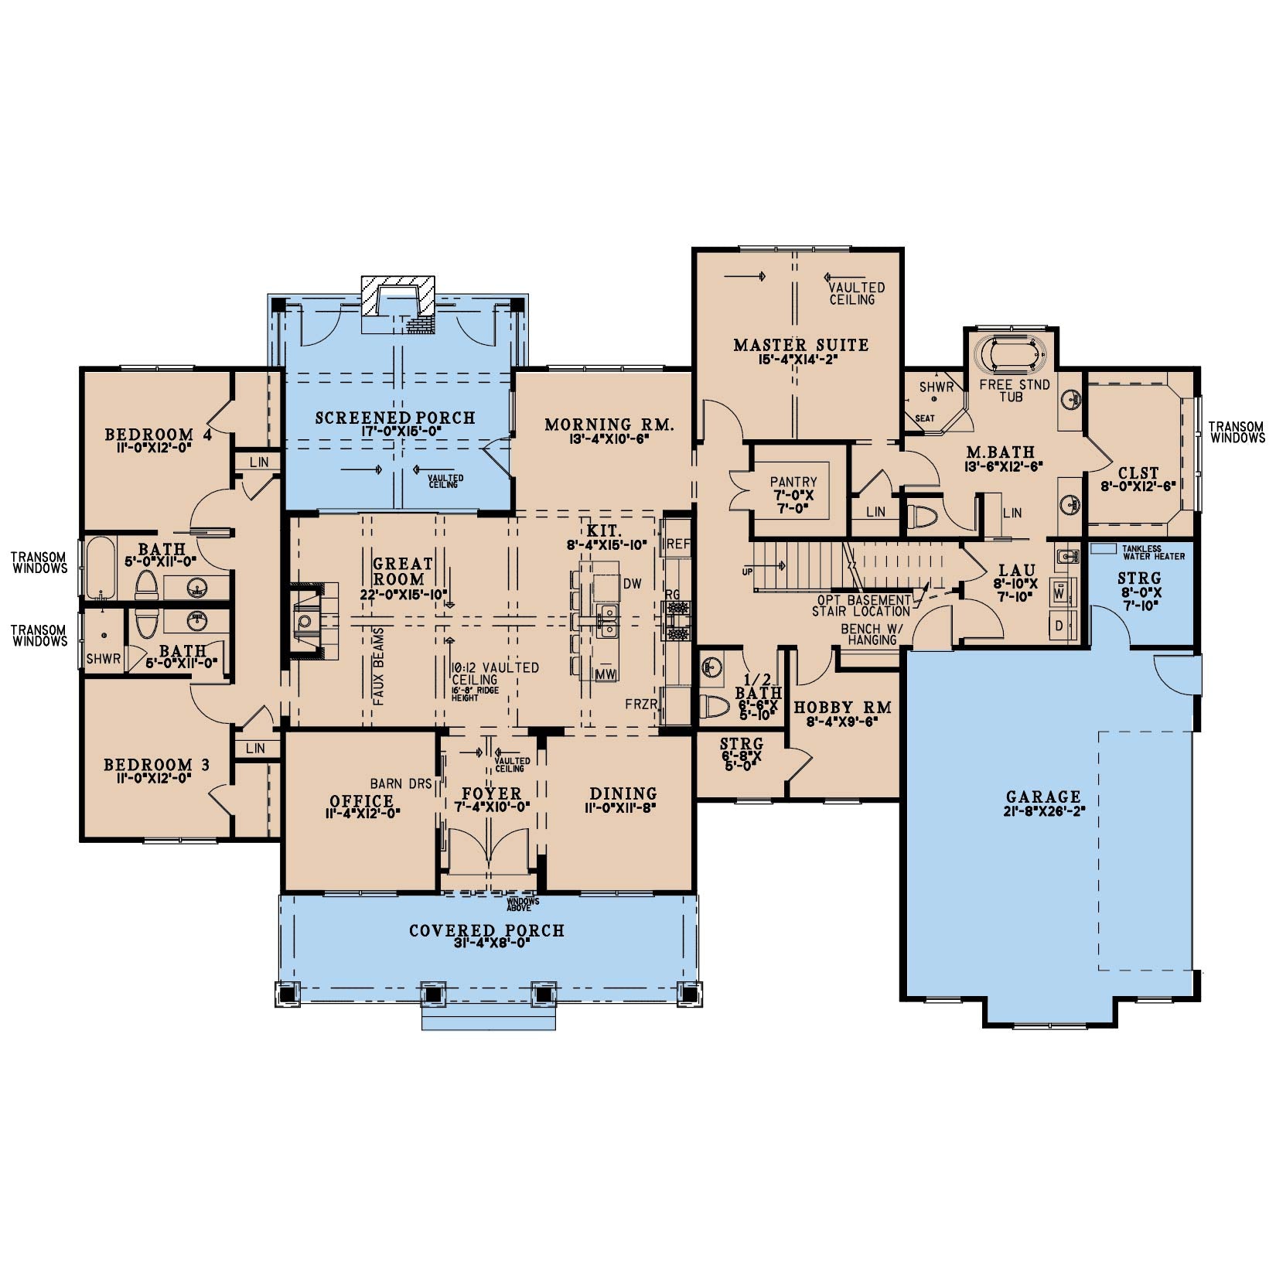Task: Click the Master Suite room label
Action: click(801, 345)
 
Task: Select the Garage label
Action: click(1043, 797)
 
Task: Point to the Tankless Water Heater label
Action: click(1153, 552)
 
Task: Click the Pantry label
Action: click(793, 482)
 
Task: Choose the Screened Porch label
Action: click(395, 418)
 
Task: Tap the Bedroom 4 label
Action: click(159, 435)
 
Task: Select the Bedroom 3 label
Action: click(157, 765)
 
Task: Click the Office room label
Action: click(362, 800)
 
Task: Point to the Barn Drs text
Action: click(401, 783)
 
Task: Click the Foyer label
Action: click(492, 793)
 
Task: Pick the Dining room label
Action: click(623, 793)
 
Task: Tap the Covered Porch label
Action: click(486, 930)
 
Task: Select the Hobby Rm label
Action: click(843, 707)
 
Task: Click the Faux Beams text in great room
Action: click(379, 666)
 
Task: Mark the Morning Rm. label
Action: click(609, 425)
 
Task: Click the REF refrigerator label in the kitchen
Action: click(678, 544)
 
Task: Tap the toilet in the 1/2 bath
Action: click(715, 707)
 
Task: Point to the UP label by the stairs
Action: click(747, 571)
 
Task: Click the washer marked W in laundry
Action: click(1059, 592)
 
